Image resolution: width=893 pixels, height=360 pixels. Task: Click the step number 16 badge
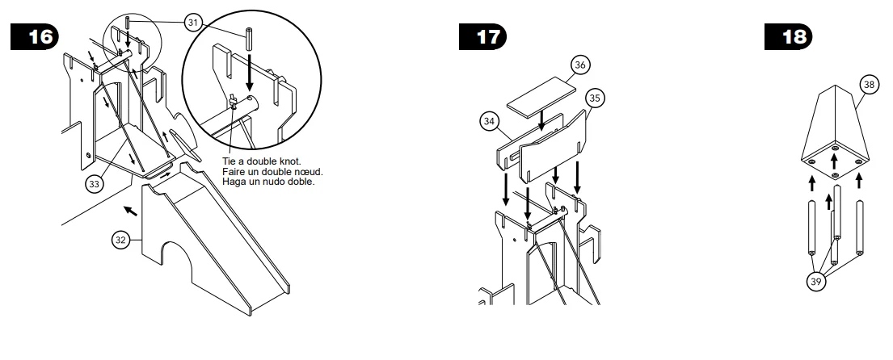[35, 37]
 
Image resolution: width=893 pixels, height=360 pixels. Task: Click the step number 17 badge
[482, 37]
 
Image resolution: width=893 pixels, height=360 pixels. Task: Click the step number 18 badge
[788, 37]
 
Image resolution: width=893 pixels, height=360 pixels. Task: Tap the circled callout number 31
[194, 23]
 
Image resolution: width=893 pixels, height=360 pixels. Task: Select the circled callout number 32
[120, 240]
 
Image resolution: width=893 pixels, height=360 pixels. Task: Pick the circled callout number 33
[95, 184]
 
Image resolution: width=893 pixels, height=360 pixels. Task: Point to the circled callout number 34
[489, 121]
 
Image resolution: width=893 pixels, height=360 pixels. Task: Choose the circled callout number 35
[595, 98]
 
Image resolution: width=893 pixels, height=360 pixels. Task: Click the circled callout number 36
[579, 65]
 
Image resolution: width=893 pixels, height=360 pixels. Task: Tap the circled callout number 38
[869, 85]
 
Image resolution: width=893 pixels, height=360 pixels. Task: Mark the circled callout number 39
[816, 282]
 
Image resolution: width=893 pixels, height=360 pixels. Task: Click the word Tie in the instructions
[229, 161]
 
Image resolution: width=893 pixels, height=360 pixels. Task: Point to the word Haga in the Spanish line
[234, 182]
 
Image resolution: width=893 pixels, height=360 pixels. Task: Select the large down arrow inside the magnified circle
[250, 72]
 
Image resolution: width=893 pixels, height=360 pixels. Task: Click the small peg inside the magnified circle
[250, 38]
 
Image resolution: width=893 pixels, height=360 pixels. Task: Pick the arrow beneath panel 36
[541, 119]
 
